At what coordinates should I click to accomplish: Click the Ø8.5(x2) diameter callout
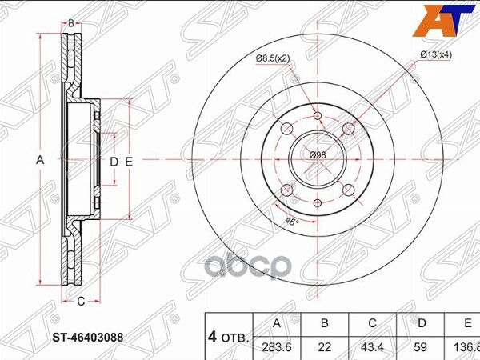tap(273, 57)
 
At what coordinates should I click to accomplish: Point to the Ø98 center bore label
tap(318, 154)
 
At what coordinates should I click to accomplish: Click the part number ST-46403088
tap(87, 337)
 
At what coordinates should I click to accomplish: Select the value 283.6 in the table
tap(276, 346)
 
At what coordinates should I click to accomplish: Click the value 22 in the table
tap(324, 346)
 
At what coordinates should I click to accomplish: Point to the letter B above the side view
tap(70, 24)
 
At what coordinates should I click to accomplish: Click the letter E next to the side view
tap(128, 162)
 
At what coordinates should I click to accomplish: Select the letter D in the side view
tap(114, 162)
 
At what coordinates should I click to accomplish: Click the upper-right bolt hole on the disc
tap(348, 129)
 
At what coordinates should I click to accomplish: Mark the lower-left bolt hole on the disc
tap(287, 190)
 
